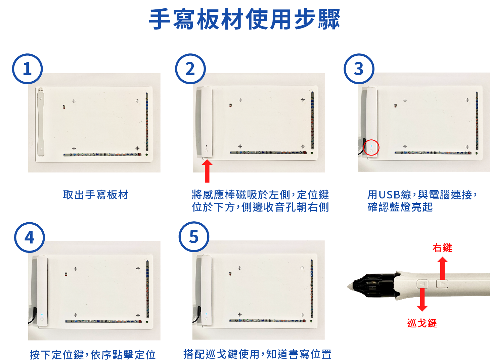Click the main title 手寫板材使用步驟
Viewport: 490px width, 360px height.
[244, 19]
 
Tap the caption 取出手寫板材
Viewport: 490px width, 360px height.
[96, 195]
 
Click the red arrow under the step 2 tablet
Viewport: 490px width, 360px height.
[207, 171]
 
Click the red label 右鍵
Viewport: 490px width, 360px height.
[442, 248]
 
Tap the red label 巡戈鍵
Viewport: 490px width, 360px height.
[422, 323]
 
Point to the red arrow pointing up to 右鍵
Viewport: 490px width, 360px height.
[443, 268]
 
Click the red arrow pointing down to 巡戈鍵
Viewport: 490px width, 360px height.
[422, 300]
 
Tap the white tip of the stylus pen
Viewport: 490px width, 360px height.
[350, 286]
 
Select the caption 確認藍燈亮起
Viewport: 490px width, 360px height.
[400, 207]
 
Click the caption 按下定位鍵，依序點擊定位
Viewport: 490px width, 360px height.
[93, 355]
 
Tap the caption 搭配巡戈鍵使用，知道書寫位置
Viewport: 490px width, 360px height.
[258, 354]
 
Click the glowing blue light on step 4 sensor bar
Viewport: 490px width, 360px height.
[42, 315]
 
